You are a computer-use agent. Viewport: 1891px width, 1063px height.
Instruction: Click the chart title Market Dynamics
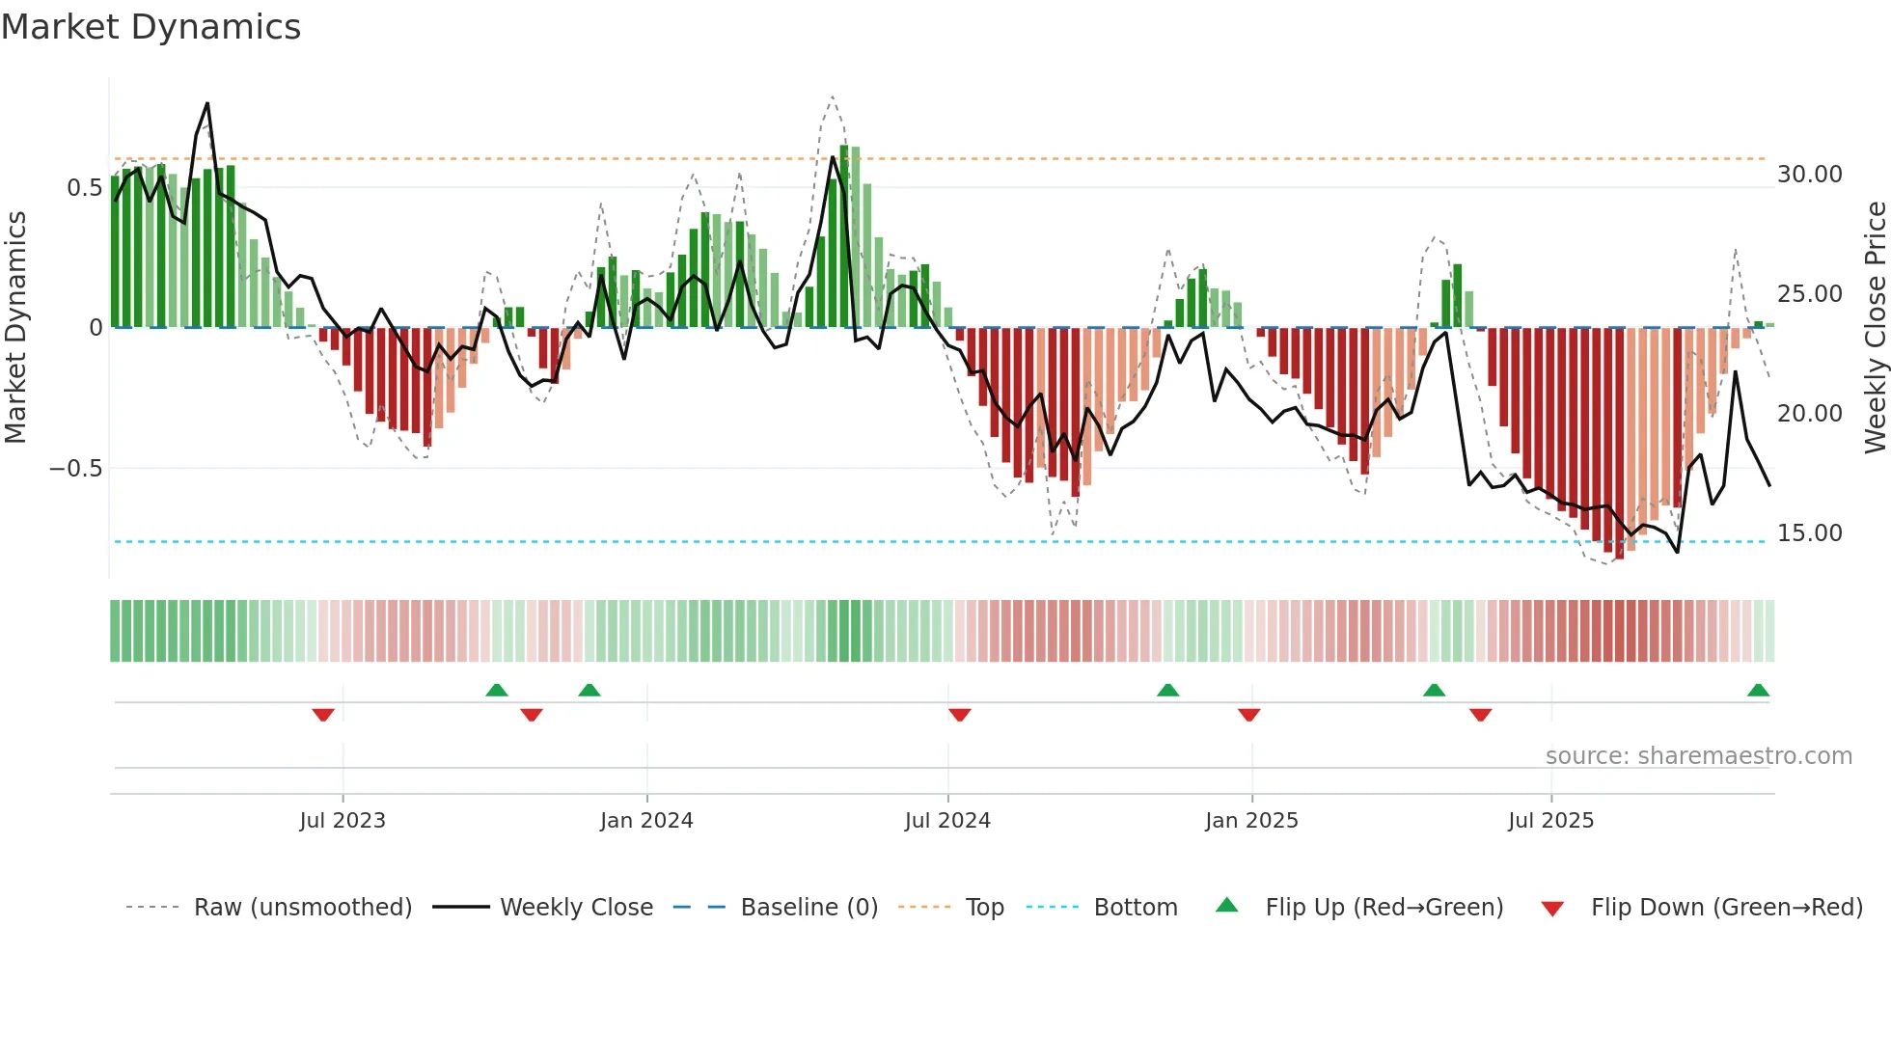(x=151, y=27)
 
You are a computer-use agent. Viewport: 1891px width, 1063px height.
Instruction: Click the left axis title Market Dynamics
(x=15, y=328)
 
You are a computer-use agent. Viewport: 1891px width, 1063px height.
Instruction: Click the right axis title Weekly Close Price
(x=1875, y=328)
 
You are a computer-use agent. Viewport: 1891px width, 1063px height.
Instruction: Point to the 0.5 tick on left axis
(x=84, y=188)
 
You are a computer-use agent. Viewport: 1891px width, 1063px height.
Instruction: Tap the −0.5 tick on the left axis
(x=76, y=469)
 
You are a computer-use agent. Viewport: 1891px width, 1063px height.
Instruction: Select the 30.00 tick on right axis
(x=1810, y=175)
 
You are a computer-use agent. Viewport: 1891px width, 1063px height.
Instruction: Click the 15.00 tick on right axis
(x=1810, y=533)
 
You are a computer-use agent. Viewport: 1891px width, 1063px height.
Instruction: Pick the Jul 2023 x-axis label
(x=343, y=821)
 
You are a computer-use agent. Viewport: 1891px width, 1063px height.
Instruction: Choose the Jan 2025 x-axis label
(x=1251, y=821)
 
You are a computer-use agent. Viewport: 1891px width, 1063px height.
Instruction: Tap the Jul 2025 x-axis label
(x=1550, y=821)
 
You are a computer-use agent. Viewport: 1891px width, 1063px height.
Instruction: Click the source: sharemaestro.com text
(x=1698, y=756)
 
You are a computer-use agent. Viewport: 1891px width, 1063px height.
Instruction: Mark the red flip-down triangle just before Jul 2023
(x=323, y=715)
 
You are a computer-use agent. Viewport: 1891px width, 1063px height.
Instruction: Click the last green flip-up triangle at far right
(x=1758, y=690)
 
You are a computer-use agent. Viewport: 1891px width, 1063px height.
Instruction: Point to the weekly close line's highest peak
(x=207, y=104)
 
